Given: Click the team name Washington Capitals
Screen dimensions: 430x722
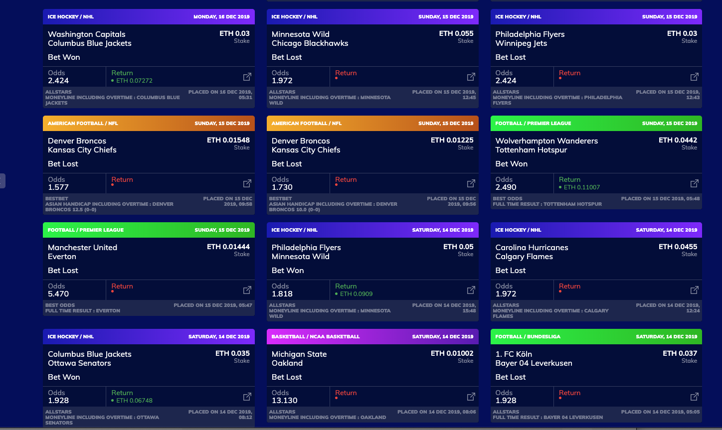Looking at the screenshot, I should click(x=86, y=34).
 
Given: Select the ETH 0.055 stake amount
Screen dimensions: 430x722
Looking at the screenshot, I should click(x=456, y=33).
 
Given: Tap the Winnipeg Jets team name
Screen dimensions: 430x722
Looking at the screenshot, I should click(x=521, y=43).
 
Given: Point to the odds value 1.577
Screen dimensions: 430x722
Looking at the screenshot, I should click(x=58, y=187).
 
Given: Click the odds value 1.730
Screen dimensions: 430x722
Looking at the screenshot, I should click(x=282, y=187).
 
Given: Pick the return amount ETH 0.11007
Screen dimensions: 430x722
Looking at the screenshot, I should click(x=581, y=187).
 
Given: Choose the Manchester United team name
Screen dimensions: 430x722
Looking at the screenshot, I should click(x=82, y=248).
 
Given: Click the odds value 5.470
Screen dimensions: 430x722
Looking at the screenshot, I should click(x=58, y=294).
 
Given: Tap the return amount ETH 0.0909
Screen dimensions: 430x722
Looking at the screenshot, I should click(x=356, y=294).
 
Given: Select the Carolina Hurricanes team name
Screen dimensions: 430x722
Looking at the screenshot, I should click(x=532, y=248).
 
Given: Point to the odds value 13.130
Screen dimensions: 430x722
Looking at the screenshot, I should click(x=284, y=401).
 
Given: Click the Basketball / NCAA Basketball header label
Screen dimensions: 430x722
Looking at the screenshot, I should click(x=316, y=337).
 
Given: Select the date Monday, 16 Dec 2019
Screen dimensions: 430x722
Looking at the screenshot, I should click(x=221, y=17).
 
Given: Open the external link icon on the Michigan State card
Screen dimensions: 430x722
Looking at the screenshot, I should click(x=471, y=397).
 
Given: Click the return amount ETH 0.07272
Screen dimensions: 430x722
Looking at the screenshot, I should click(x=134, y=81).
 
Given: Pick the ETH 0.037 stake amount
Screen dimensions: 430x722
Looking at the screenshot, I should click(x=680, y=353).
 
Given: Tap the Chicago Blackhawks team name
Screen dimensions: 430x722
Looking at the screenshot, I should click(x=310, y=43).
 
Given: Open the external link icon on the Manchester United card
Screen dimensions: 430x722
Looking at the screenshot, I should click(x=247, y=290).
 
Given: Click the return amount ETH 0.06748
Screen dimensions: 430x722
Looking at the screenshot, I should click(x=134, y=401).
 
